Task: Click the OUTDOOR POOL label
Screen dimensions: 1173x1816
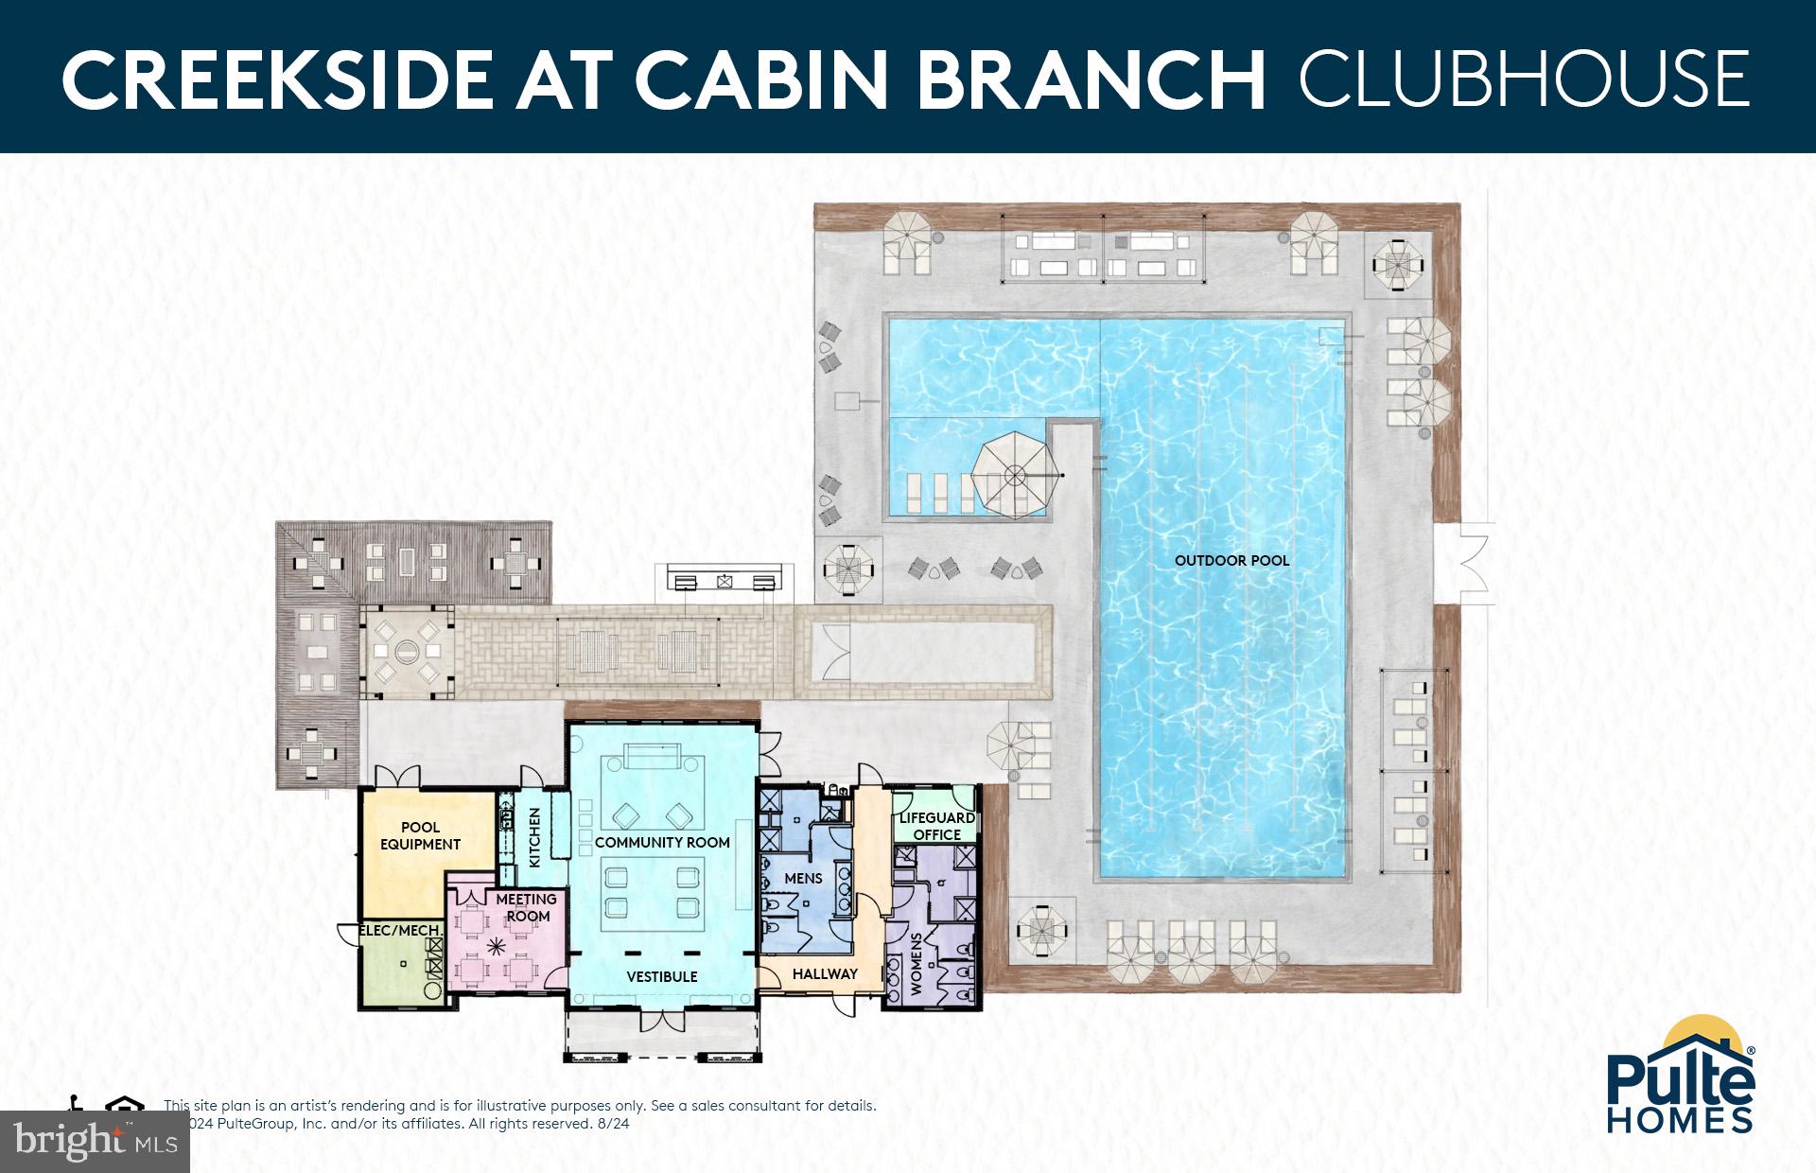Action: point(1231,560)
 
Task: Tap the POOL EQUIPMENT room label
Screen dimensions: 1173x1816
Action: point(420,836)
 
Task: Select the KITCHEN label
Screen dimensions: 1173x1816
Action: point(534,837)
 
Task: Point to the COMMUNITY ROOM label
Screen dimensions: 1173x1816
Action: point(662,842)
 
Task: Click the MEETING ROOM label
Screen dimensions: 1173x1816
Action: point(527,907)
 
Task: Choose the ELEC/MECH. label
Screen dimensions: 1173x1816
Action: point(401,931)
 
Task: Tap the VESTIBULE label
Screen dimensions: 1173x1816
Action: point(662,976)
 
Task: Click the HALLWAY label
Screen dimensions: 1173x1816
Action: point(825,973)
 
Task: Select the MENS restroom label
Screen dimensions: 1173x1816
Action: point(803,878)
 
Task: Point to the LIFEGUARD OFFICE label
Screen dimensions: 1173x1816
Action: point(936,826)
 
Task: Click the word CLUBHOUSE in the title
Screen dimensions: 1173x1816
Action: point(1524,79)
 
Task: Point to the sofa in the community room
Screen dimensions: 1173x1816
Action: point(652,757)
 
